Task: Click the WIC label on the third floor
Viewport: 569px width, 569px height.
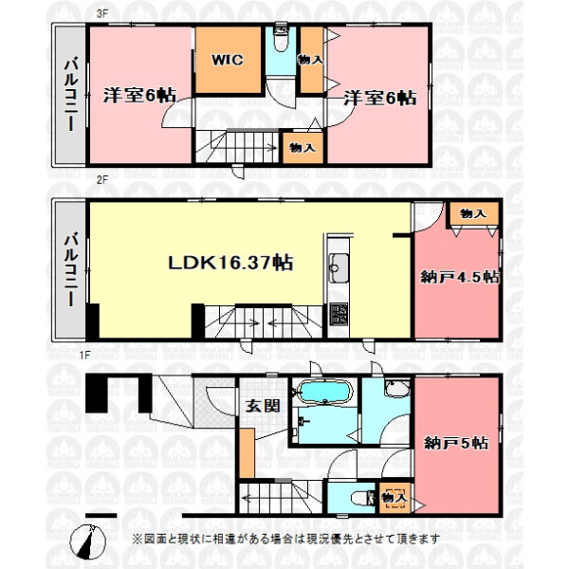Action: (x=228, y=60)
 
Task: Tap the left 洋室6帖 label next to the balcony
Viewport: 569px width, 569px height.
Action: (x=138, y=95)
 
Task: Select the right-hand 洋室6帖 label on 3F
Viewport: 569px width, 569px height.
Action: (x=379, y=97)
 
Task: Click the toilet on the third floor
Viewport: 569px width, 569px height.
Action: (x=281, y=43)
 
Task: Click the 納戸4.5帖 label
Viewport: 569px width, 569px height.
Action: (x=459, y=277)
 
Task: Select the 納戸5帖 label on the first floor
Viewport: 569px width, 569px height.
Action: (x=457, y=442)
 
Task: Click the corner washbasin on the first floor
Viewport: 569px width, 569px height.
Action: (x=396, y=389)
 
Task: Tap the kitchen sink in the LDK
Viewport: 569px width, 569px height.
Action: (x=339, y=264)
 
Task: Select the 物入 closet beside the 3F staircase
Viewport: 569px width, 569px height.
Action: (x=303, y=148)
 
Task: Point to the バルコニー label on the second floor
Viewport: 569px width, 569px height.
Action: (x=70, y=268)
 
